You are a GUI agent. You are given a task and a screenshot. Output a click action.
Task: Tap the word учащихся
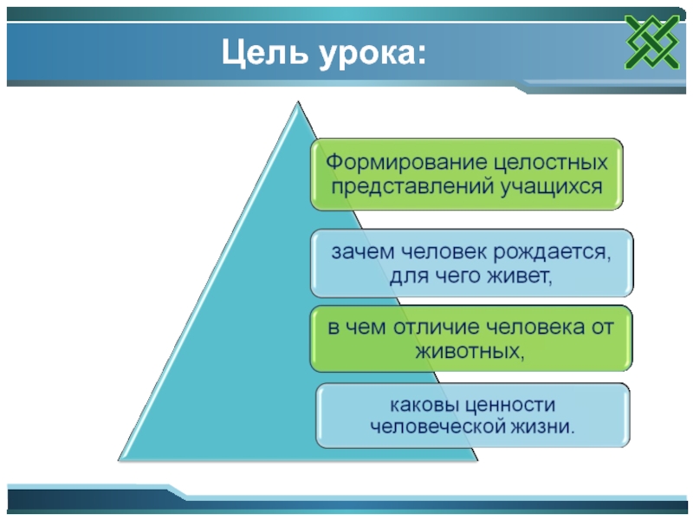[550, 185]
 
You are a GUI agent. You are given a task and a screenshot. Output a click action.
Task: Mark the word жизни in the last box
[546, 426]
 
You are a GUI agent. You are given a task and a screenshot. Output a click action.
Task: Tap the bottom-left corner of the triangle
[120, 459]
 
